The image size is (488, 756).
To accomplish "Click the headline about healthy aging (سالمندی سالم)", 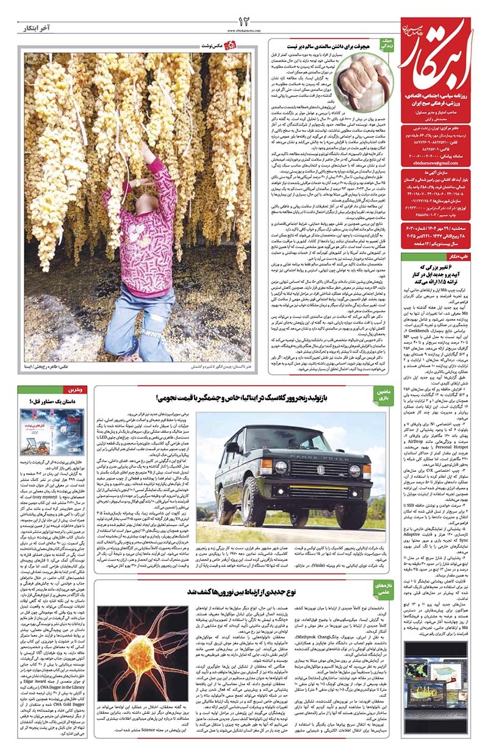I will [x=322, y=45].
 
